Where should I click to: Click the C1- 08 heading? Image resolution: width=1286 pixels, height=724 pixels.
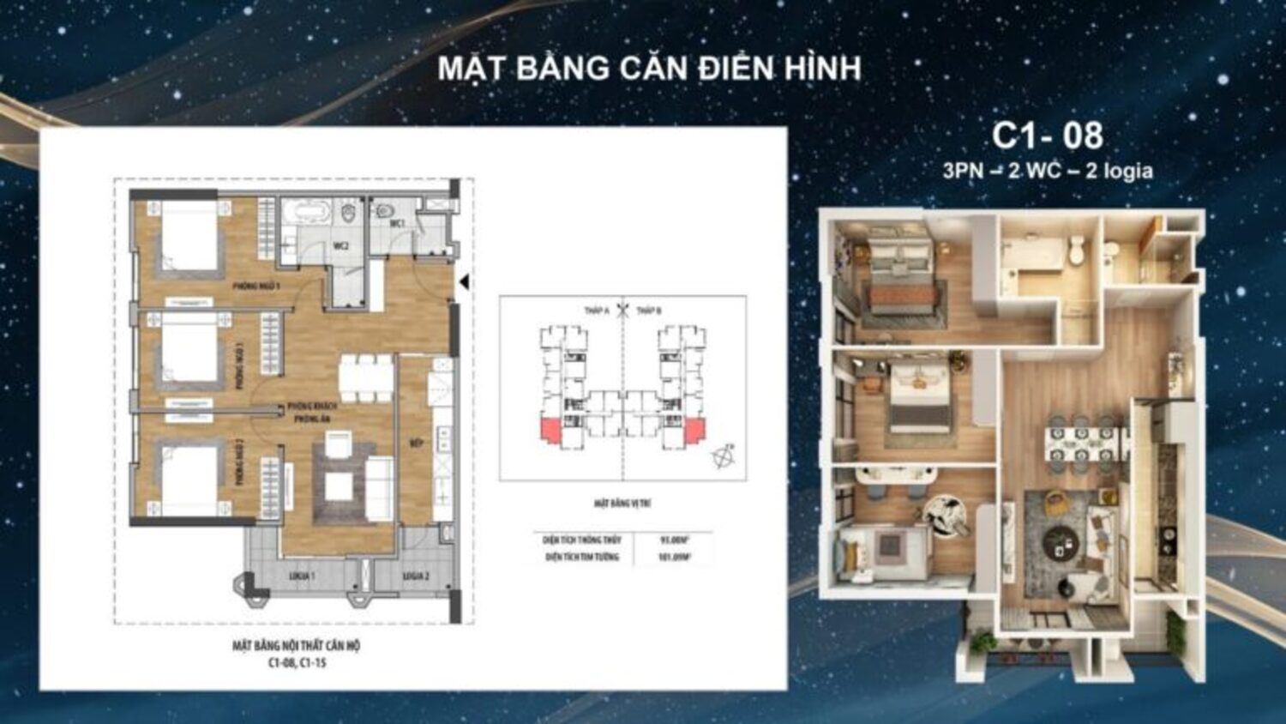coord(1047,136)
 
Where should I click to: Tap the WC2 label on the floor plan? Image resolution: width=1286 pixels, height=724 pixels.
coord(340,246)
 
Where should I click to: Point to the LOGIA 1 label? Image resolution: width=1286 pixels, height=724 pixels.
coord(301,576)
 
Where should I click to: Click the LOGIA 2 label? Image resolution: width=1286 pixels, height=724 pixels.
coord(416,576)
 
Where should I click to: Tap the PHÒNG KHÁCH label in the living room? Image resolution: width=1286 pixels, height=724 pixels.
coord(313,406)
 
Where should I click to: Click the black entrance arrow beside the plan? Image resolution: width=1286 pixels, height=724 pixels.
coord(464,282)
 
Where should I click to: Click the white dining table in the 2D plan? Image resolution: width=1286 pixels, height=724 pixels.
coord(366,377)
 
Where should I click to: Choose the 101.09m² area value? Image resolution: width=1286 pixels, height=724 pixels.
coord(675,558)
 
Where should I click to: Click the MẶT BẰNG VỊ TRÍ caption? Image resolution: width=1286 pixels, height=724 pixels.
coord(622,504)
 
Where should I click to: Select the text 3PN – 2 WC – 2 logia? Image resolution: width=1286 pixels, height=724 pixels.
coord(1047,171)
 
